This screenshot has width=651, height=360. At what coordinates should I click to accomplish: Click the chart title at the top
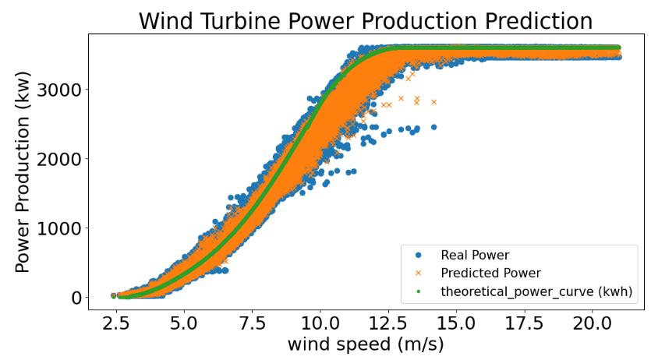tap(366, 20)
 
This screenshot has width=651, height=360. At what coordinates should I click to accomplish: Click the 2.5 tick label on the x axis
tap(115, 320)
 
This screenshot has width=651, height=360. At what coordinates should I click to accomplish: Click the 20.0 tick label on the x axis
tap(592, 320)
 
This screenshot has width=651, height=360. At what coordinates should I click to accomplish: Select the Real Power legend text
tap(475, 255)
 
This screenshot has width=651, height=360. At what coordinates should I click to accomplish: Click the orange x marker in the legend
tap(418, 273)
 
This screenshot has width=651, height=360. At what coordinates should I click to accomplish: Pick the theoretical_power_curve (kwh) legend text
tap(536, 291)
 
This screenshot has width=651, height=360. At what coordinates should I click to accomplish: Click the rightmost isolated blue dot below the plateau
tap(434, 127)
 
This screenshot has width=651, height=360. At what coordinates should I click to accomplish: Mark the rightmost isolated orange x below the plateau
tap(434, 101)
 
